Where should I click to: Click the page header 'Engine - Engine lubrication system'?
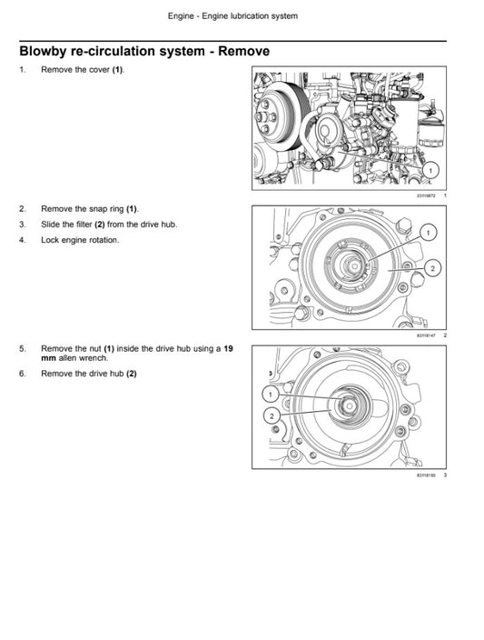coord(232,16)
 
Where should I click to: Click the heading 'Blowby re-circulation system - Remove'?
coord(143,51)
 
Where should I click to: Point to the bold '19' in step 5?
coord(228,347)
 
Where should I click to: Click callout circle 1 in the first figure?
coord(430,169)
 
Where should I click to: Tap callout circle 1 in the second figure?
coord(428,233)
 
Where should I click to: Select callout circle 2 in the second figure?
coord(432,268)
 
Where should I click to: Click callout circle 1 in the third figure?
coord(270,394)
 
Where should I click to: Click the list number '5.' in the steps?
coord(23,347)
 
